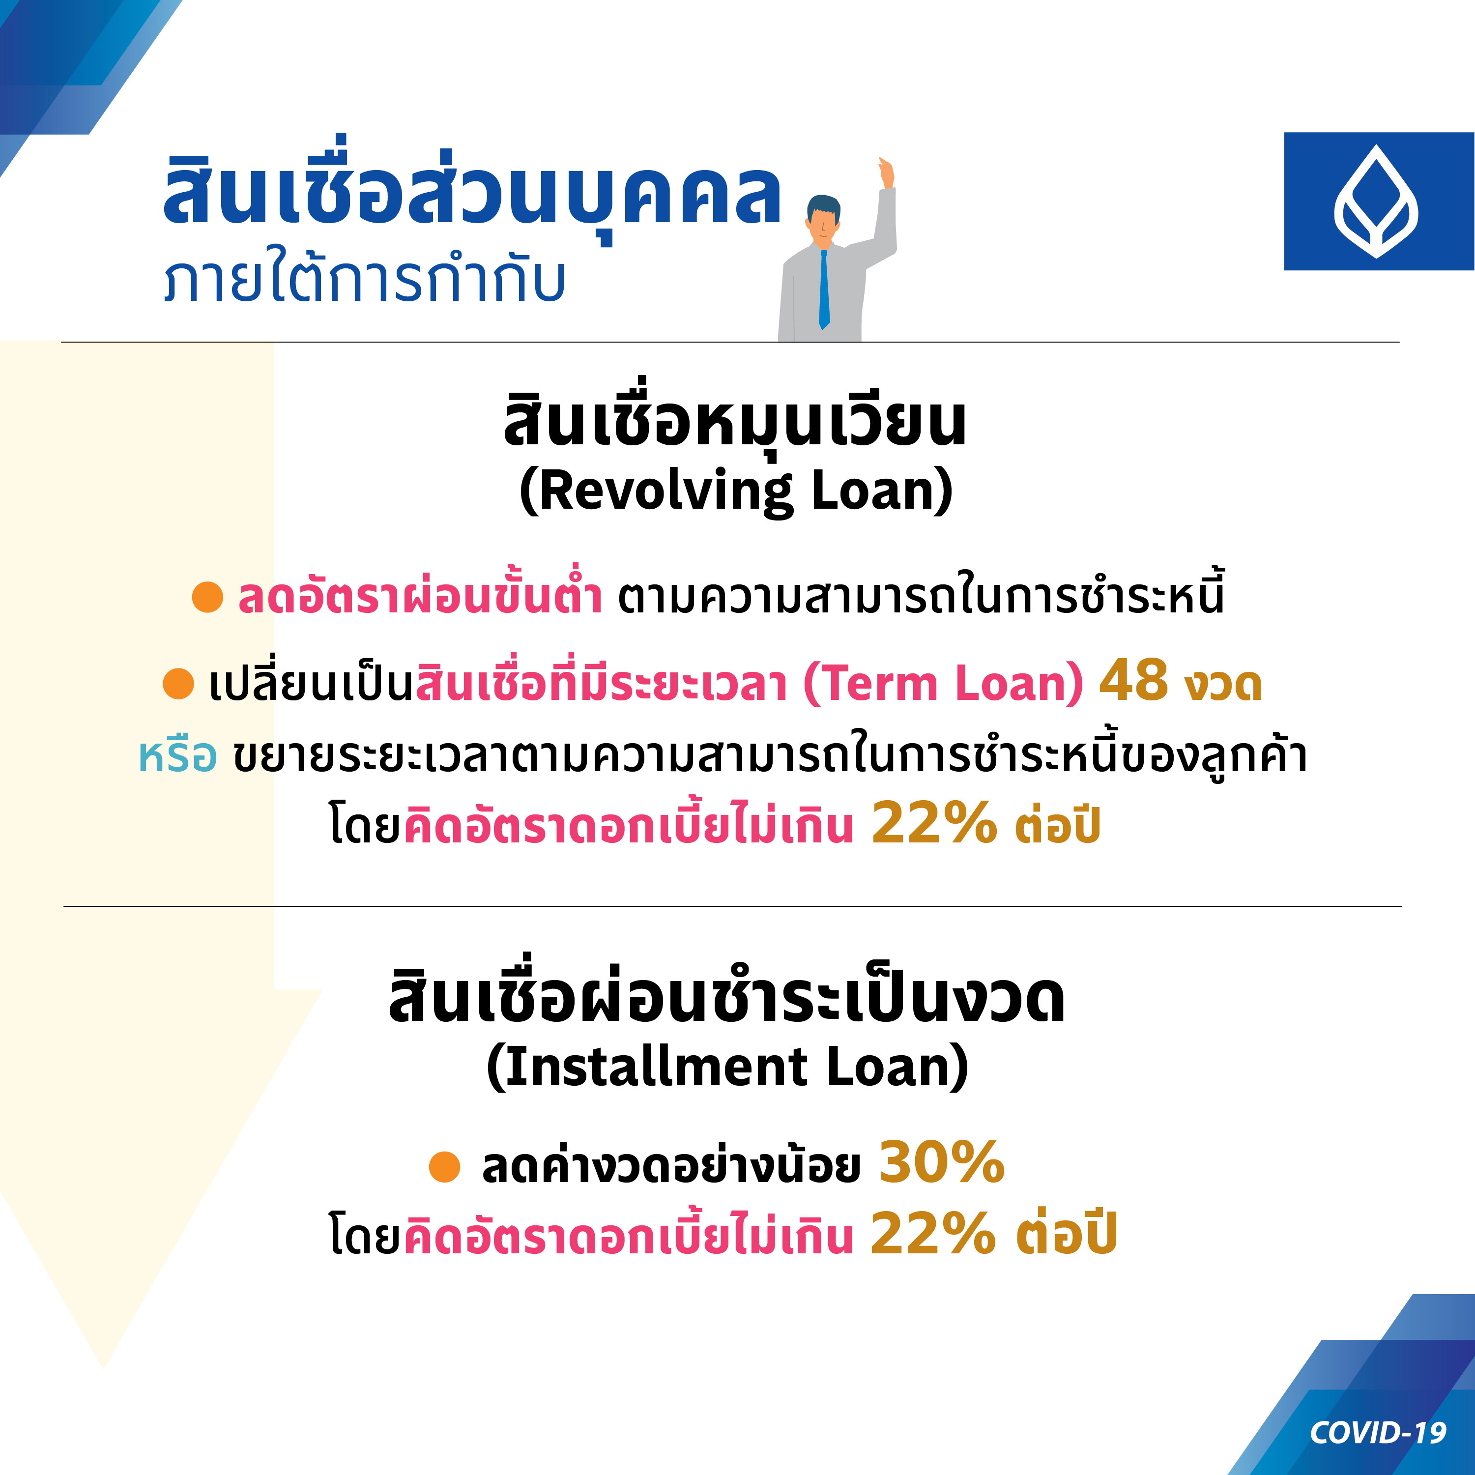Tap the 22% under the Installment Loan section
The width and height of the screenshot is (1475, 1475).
[x=933, y=1233]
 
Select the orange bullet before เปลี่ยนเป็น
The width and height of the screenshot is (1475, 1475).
[x=178, y=683]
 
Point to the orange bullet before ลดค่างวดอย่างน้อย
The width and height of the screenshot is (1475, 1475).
[x=444, y=1166]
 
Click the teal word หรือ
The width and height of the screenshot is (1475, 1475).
[x=177, y=756]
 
